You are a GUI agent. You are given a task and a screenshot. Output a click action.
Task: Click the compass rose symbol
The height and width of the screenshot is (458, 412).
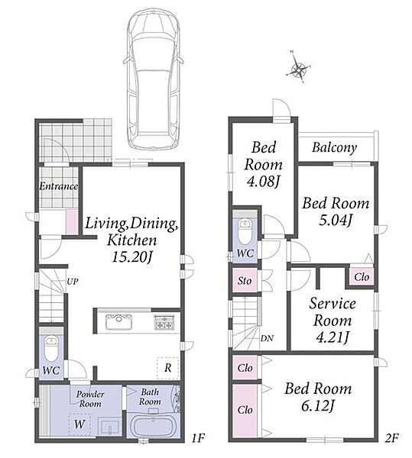tap(297, 69)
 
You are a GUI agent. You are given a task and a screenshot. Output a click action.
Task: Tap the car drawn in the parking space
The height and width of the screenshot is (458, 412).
tap(153, 78)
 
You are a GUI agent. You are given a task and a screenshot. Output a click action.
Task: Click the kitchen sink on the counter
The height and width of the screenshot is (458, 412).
tap(118, 322)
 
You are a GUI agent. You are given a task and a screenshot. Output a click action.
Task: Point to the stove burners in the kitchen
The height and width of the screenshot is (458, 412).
tap(164, 322)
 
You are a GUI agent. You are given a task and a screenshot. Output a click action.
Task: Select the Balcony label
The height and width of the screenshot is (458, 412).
tap(334, 147)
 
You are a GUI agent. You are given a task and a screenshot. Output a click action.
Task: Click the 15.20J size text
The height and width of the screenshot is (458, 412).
tap(132, 256)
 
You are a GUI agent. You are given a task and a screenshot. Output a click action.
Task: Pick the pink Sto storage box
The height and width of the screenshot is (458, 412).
tap(245, 280)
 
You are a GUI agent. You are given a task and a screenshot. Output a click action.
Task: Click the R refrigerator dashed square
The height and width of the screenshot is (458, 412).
tap(168, 368)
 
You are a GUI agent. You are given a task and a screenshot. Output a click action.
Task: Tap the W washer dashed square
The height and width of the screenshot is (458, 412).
tap(79, 424)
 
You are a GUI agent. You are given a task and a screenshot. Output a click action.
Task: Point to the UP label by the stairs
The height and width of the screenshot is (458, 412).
tap(72, 282)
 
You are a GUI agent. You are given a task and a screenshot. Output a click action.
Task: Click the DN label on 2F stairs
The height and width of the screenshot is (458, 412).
tap(267, 338)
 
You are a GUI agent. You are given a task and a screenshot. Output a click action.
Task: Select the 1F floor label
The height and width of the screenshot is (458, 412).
tap(198, 437)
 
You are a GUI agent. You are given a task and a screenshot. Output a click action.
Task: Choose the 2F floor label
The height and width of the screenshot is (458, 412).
tap(391, 437)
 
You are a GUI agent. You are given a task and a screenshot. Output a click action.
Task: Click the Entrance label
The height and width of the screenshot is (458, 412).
tap(59, 186)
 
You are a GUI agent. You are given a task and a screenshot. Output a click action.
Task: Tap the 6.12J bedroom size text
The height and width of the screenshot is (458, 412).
tap(317, 405)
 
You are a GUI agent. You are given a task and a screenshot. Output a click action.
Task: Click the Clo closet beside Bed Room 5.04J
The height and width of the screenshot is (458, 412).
tap(362, 276)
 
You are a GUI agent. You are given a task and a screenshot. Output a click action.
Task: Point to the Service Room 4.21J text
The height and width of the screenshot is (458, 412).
tap(333, 321)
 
